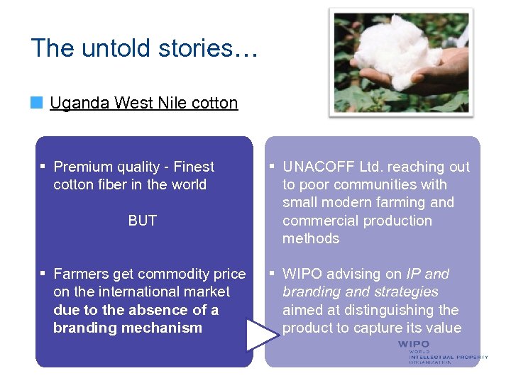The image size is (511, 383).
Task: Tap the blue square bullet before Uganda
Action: (36, 104)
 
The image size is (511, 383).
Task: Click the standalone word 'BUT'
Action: (142, 221)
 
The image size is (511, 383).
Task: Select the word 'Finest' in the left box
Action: (192, 167)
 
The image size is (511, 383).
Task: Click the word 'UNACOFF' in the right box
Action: (318, 167)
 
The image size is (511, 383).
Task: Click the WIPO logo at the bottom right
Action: (441, 352)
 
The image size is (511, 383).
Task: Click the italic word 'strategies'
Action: (405, 292)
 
